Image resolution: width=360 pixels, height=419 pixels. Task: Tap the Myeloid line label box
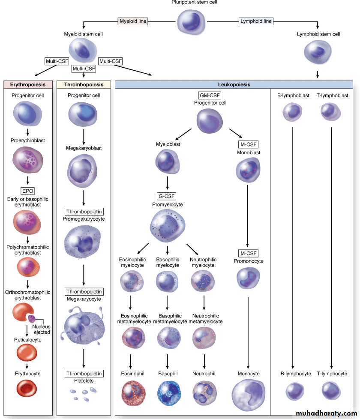[133, 21]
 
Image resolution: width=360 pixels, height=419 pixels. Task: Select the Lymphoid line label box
[255, 21]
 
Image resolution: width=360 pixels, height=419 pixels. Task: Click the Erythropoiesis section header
[28, 85]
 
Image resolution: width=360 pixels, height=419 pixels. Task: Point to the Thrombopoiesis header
[84, 85]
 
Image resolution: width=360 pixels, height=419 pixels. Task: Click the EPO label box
[28, 191]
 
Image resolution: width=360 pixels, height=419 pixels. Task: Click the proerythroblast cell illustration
[28, 160]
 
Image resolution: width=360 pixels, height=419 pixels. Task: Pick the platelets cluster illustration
[84, 394]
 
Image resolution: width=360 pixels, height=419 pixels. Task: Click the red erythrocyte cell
[28, 388]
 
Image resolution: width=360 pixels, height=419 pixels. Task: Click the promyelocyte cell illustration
[167, 225]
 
